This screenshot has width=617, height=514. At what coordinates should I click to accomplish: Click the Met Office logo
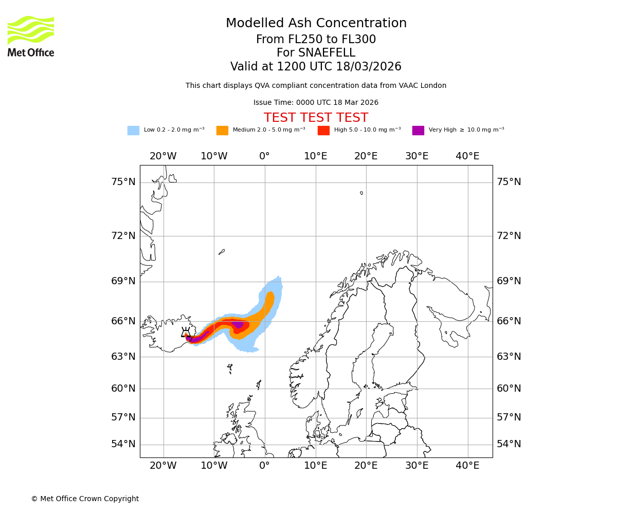(31, 36)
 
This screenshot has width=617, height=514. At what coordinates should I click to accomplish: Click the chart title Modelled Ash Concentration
(316, 24)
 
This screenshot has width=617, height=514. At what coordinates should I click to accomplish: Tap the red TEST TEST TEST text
(316, 118)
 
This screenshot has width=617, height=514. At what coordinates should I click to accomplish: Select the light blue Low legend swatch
(133, 131)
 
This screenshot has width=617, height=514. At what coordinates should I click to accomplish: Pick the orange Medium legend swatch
(222, 131)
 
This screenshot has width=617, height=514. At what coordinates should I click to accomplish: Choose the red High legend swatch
(323, 131)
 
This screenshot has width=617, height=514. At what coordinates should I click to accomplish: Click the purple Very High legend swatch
(418, 131)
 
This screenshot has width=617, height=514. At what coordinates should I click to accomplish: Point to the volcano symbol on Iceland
(186, 333)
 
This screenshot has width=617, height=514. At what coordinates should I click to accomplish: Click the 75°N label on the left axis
(123, 182)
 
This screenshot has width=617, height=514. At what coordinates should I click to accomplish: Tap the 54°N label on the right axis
(509, 444)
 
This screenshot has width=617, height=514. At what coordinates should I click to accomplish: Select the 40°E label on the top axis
(467, 156)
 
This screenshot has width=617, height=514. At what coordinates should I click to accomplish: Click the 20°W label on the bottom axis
(163, 466)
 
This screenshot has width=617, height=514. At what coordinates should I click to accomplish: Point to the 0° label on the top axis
(264, 156)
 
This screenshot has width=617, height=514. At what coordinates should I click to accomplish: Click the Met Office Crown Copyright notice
(85, 499)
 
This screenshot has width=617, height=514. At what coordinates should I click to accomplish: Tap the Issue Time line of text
(316, 103)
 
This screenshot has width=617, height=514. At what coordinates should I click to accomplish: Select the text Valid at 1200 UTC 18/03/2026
(316, 67)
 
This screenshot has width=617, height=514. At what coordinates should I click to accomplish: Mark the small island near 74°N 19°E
(361, 193)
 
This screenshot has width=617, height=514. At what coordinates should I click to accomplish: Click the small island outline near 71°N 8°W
(222, 252)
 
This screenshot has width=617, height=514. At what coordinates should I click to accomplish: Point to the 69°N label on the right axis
(509, 281)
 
